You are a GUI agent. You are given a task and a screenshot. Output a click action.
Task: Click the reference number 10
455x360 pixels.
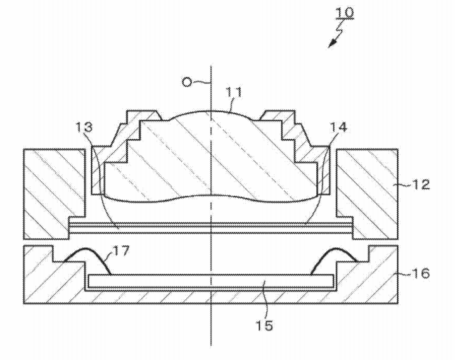pos(345,13)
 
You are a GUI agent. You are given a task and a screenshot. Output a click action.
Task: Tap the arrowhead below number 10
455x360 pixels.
pos(332,44)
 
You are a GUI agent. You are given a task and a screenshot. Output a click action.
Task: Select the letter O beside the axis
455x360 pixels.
pos(187,82)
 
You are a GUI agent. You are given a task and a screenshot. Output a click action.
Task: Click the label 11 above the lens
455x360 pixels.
pos(234,93)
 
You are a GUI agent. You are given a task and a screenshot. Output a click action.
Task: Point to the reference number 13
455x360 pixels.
pos(84,127)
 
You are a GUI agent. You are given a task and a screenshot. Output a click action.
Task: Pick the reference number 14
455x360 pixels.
pos(338,127)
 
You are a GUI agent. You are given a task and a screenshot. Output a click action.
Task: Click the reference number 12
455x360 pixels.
pos(420,184)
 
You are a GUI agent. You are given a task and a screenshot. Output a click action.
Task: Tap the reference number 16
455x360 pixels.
pos(420,273)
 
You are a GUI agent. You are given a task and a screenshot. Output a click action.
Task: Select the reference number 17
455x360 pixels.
pos(120,250)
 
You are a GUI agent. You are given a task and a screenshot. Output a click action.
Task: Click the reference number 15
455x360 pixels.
pos(264,325)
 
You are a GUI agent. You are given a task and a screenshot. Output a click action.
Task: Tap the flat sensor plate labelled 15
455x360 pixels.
pos(211,280)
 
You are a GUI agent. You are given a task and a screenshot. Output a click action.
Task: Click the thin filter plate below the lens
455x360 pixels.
pos(211,228)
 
